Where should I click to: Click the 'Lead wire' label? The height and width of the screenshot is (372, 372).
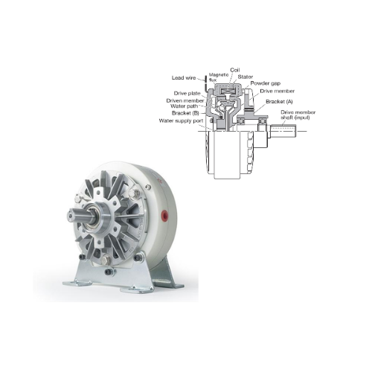pyautogui.click(x=184, y=78)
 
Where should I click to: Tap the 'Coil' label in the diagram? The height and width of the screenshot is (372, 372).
pyautogui.click(x=235, y=70)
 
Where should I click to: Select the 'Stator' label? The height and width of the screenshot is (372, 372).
pyautogui.click(x=246, y=77)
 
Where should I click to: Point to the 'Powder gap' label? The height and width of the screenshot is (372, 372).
pyautogui.click(x=266, y=83)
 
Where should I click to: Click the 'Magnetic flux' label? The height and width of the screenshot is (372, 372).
pyautogui.click(x=215, y=77)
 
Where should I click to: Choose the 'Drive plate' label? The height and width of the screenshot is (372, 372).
pyautogui.click(x=187, y=94)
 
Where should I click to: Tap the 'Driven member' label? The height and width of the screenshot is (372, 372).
pyautogui.click(x=185, y=100)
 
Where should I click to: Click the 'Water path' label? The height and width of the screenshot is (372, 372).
pyautogui.click(x=185, y=106)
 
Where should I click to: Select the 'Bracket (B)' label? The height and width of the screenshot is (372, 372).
pyautogui.click(x=185, y=113)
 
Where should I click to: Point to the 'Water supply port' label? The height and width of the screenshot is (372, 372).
pyautogui.click(x=181, y=121)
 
